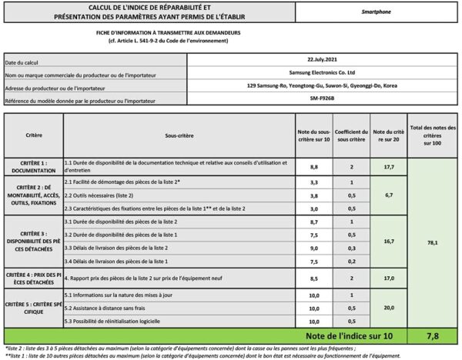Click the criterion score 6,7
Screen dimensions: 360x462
point(389,195)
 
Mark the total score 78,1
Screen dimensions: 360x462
point(433,242)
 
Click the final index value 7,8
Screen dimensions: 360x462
point(433,335)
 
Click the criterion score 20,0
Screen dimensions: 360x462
point(389,308)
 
